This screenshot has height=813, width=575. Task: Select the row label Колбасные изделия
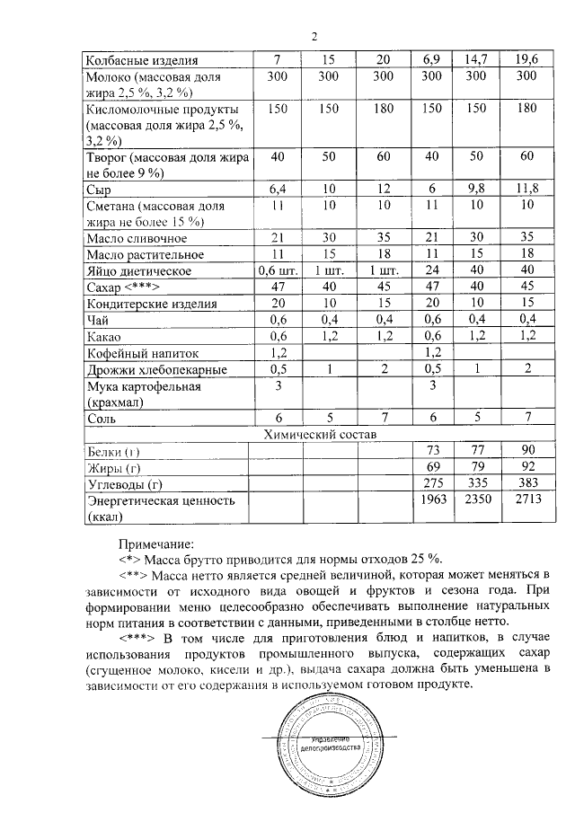tap(141, 61)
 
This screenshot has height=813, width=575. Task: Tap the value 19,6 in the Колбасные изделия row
tap(526, 60)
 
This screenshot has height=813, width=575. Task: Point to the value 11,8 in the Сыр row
tap(526, 190)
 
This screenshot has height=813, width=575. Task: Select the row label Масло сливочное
tap(137, 239)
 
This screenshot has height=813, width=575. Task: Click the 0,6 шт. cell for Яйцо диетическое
tap(277, 271)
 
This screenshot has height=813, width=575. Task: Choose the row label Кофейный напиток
tap(141, 353)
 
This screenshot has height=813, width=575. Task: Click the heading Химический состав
tap(319, 435)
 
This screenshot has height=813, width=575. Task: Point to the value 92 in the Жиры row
tap(526, 466)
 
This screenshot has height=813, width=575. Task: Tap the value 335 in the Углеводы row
tap(476, 483)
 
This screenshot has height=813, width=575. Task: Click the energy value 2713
tap(526, 499)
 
